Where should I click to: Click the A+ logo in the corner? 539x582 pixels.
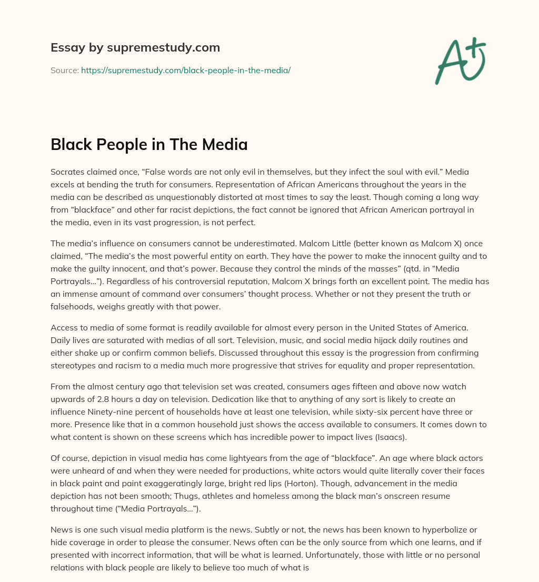point(460,61)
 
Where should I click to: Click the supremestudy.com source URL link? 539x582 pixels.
point(186,70)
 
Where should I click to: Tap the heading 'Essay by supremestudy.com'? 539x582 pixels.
point(135,48)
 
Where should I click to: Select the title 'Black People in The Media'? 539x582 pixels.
point(149,144)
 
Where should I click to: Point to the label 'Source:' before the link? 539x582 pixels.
point(65,70)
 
